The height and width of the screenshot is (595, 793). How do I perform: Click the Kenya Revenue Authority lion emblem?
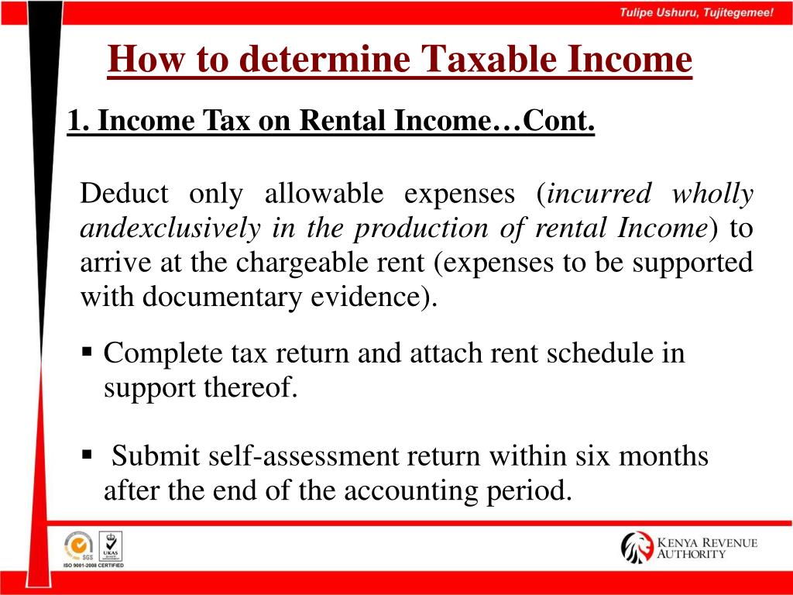pos(637,547)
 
